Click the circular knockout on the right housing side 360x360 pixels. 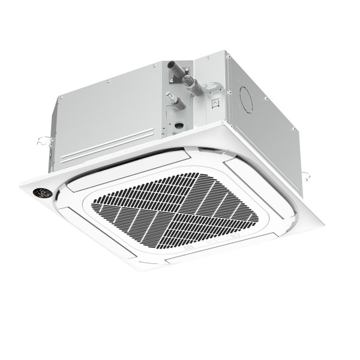(x=246, y=99)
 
